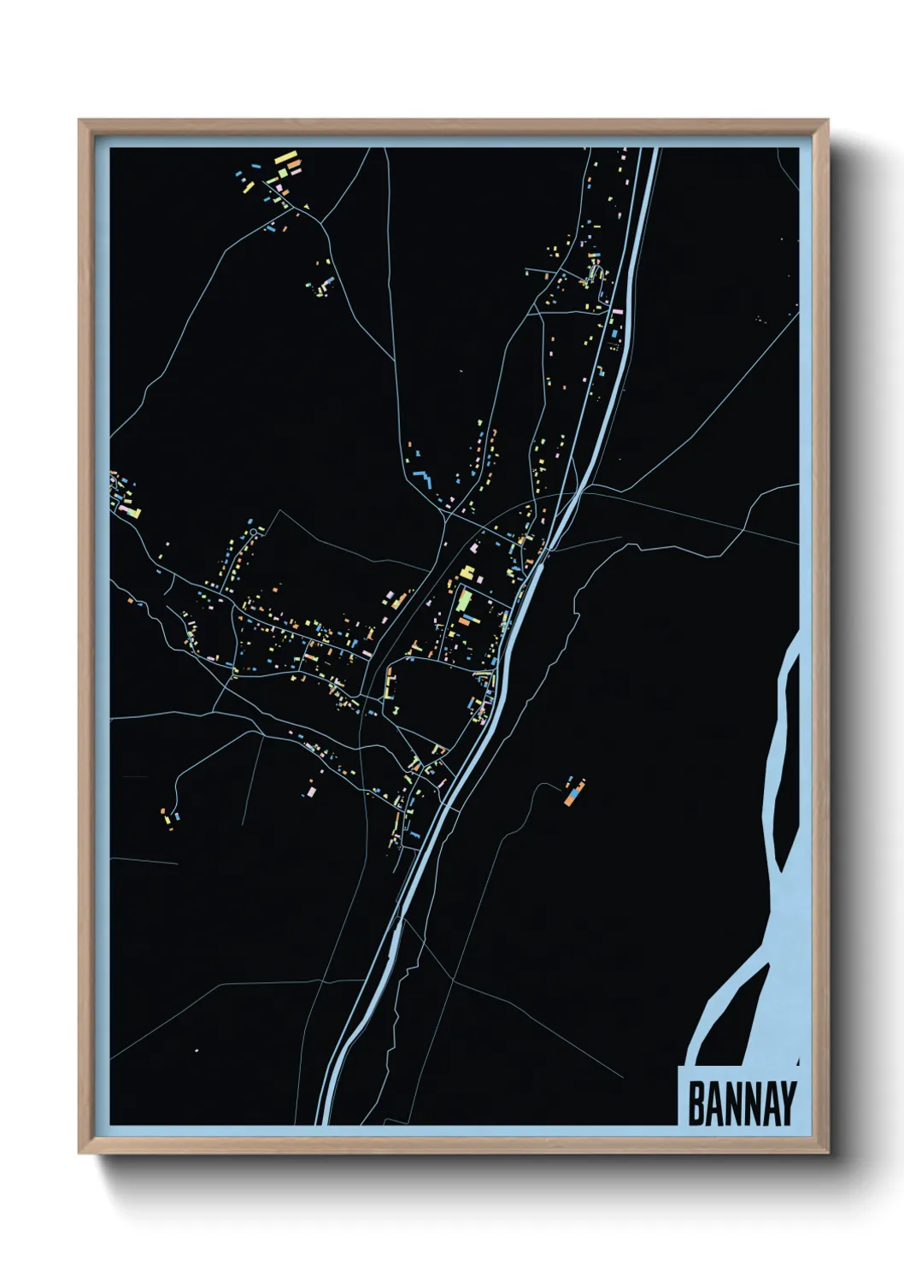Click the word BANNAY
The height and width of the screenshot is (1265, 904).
coord(741,1103)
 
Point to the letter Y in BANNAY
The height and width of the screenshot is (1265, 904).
coord(787,1103)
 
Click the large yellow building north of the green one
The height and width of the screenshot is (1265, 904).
coord(467,572)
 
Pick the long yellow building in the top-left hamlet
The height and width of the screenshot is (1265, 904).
coord(285,158)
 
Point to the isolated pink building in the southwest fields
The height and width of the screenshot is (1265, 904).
coord(311,792)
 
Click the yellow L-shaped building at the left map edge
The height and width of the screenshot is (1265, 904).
coord(135,514)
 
